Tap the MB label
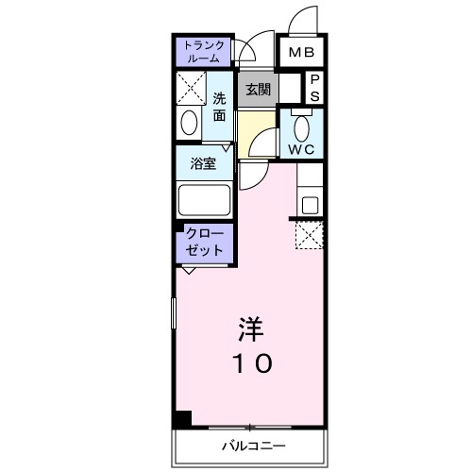[302, 53]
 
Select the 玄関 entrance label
[257, 90]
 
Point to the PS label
[314, 89]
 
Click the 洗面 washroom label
[219, 106]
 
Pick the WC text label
[302, 149]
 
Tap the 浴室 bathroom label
[204, 162]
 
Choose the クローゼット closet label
[204, 242]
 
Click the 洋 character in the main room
[249, 329]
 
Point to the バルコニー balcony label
[253, 446]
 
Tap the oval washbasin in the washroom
[189, 124]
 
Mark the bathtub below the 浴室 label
[204, 199]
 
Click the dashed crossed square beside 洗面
[192, 90]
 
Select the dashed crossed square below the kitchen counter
[311, 234]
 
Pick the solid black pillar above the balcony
[181, 419]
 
